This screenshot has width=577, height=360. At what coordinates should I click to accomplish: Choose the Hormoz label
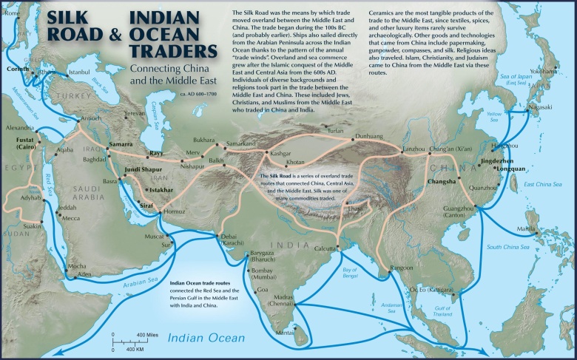point(175,212)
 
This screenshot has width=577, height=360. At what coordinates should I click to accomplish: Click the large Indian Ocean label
point(198,339)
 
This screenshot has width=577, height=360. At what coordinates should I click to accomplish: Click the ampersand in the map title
point(112,33)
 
